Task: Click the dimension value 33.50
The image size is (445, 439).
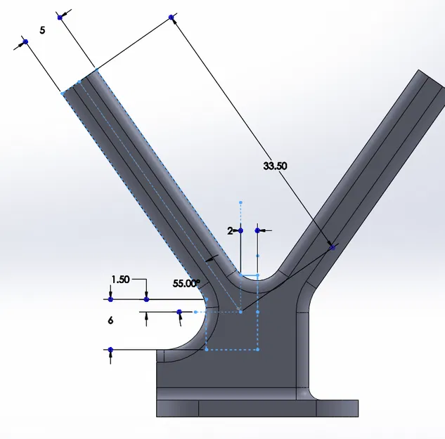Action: [275, 166]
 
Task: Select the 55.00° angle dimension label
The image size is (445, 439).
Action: [186, 283]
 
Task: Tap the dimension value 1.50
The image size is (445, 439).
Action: [120, 279]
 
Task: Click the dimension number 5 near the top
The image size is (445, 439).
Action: [43, 31]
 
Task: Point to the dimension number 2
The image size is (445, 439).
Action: [229, 230]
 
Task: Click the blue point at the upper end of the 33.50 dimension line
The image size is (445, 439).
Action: [171, 18]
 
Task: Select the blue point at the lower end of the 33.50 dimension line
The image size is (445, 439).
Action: [333, 247]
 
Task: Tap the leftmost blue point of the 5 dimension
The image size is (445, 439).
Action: [26, 42]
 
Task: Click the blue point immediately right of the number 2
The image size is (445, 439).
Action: [258, 230]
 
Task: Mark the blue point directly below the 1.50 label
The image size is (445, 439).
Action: [146, 299]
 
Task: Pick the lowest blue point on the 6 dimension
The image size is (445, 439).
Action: [111, 349]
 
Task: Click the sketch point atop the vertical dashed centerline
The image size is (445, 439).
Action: [240, 202]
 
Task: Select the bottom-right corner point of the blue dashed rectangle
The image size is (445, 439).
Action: [258, 349]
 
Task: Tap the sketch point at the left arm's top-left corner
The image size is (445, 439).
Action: [63, 93]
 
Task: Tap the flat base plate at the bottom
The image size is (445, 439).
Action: [257, 408]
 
